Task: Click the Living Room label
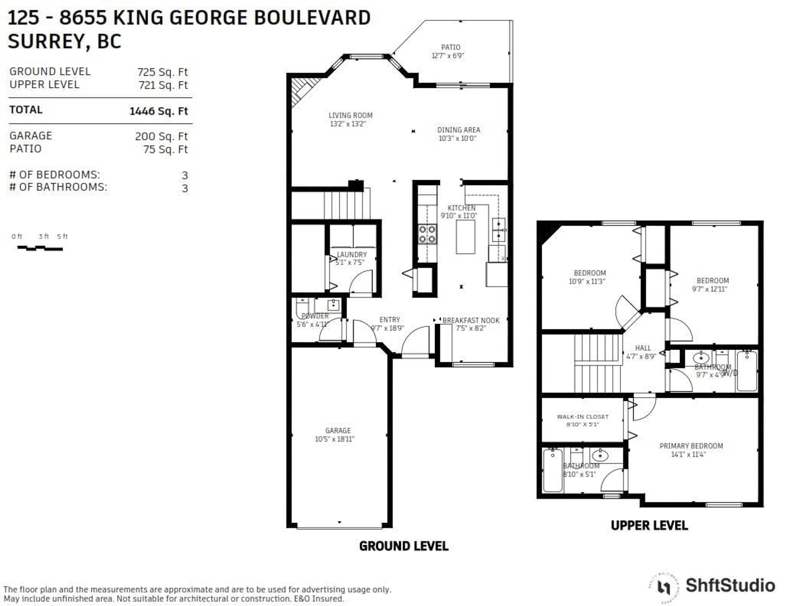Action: pos(350,115)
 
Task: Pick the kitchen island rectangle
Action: pos(465,237)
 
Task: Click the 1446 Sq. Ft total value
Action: pos(158,111)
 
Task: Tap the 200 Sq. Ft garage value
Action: pos(161,136)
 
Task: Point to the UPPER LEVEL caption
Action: pos(649,525)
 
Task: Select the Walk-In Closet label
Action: pos(582,417)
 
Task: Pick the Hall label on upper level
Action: pos(643,348)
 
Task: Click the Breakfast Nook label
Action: pos(471,320)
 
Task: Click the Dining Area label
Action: pos(458,130)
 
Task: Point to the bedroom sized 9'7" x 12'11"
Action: pos(712,284)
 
